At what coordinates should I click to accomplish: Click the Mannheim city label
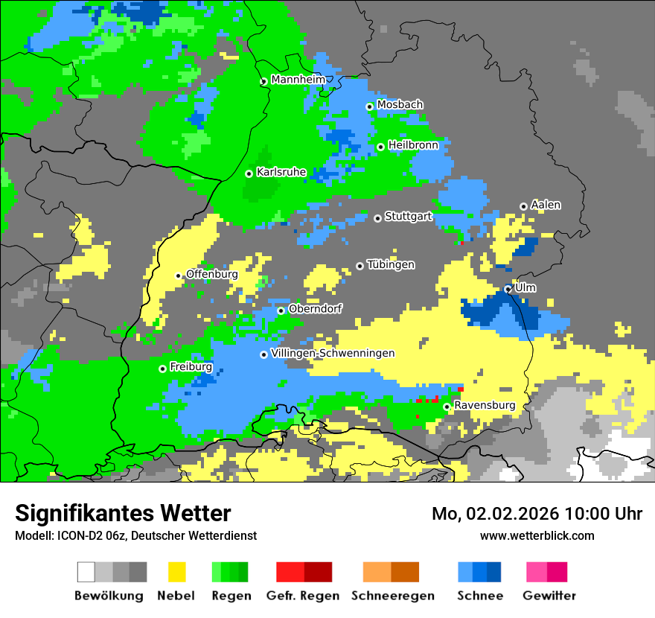pyautogui.click(x=298, y=80)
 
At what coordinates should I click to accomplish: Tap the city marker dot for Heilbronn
pyautogui.click(x=380, y=147)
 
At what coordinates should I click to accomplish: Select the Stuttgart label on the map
pyautogui.click(x=409, y=217)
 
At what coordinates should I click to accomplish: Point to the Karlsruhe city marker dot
pyautogui.click(x=249, y=173)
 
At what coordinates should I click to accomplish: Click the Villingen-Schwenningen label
pyautogui.click(x=333, y=353)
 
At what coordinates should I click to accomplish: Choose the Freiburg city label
pyautogui.click(x=191, y=367)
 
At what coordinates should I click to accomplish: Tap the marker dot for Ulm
pyautogui.click(x=508, y=289)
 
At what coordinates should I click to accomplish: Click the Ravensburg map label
pyautogui.click(x=485, y=406)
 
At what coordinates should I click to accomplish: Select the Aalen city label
pyautogui.click(x=546, y=205)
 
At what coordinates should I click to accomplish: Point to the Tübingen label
pyautogui.click(x=391, y=265)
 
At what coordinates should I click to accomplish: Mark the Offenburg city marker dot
pyautogui.click(x=179, y=275)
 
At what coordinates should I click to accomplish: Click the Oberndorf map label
pyautogui.click(x=316, y=309)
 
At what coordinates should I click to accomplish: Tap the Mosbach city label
pyautogui.click(x=400, y=105)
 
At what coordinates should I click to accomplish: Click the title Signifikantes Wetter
pyautogui.click(x=123, y=514)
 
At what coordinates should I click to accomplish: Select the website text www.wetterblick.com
pyautogui.click(x=537, y=535)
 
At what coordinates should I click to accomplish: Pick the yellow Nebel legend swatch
pyautogui.click(x=176, y=572)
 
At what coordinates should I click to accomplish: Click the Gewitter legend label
pyautogui.click(x=549, y=596)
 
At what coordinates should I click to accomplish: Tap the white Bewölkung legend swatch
pyautogui.click(x=86, y=572)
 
